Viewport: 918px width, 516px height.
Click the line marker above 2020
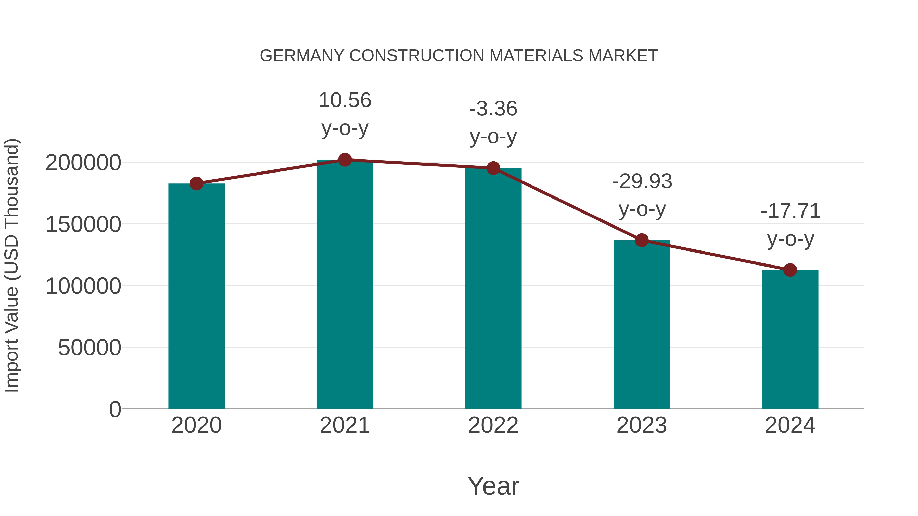(x=196, y=184)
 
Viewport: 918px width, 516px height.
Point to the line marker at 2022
(x=493, y=168)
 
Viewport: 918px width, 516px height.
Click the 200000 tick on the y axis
(x=83, y=163)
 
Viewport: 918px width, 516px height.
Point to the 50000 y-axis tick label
(x=90, y=348)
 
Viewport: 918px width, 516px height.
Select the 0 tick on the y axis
(x=115, y=409)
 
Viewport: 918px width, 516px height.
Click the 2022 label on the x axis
(x=493, y=426)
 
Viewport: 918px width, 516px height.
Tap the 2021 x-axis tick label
(x=345, y=426)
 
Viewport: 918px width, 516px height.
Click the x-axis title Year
(x=493, y=486)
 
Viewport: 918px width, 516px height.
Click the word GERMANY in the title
(x=302, y=56)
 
